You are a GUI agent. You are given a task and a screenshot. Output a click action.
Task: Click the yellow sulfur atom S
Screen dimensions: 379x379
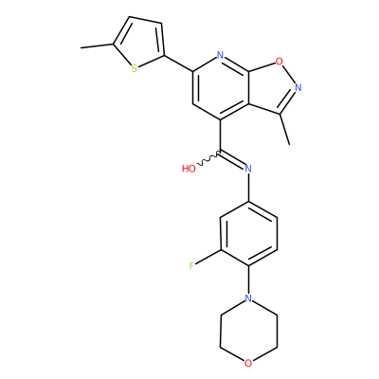coord(135,68)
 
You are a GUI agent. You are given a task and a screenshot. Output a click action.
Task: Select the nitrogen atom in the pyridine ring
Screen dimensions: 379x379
coord(220,56)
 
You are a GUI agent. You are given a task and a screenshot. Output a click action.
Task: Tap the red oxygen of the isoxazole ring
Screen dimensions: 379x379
coord(279,61)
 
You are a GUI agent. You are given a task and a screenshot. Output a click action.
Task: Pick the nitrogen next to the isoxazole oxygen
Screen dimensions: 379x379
coord(298,87)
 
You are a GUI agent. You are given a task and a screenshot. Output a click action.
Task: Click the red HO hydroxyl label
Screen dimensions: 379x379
coord(189,169)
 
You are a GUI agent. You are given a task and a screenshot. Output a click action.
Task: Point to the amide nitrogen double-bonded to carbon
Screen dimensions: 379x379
coord(248,169)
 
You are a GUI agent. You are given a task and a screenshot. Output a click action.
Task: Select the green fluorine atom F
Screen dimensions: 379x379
coord(191,266)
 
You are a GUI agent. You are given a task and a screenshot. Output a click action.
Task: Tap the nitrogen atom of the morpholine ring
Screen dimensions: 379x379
coord(248,298)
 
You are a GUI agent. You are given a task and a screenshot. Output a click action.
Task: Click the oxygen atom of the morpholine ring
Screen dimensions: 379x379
coord(248,363)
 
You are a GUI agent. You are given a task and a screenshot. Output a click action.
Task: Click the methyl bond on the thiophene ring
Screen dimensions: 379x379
coord(97,46)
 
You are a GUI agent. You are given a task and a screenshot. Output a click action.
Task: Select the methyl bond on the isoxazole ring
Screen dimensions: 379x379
coord(284,129)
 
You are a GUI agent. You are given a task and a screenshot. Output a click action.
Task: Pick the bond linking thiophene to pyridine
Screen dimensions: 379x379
coord(178,63)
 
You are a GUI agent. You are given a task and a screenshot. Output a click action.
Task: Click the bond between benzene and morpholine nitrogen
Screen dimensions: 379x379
coord(248,280)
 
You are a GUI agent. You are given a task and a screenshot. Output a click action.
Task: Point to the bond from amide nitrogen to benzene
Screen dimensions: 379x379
coord(248,188)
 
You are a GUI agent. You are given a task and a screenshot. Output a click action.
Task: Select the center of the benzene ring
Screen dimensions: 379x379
coord(248,233)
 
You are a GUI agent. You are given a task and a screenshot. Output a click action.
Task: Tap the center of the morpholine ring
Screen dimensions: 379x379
coord(248,331)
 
